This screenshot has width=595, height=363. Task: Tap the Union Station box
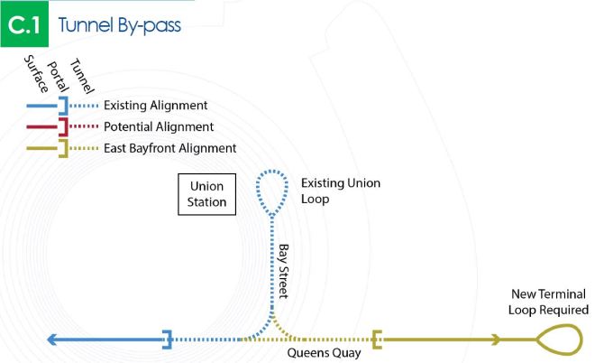206,194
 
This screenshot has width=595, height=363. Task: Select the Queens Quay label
324,353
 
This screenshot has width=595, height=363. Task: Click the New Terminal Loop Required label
549,302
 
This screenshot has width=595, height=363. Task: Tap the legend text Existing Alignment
156,106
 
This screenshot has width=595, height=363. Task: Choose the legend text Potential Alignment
159,126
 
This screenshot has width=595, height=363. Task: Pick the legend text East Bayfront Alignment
170,147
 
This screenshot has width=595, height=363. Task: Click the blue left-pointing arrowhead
54,340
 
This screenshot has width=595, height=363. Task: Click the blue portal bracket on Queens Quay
167,340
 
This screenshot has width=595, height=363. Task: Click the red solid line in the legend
41,126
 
